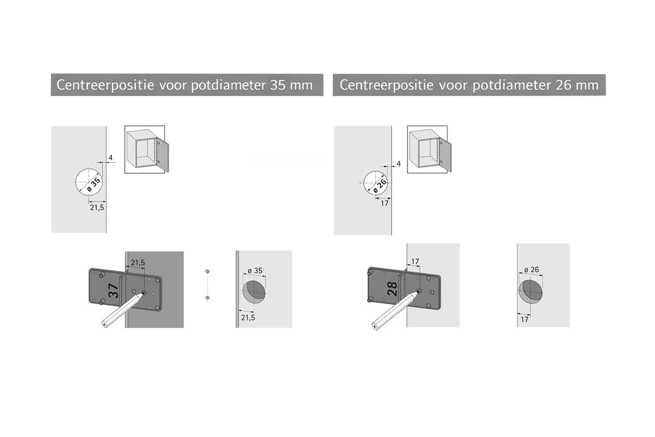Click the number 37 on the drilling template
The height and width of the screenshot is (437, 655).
pyautogui.click(x=114, y=291)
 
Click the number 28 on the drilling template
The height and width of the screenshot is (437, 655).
pyautogui.click(x=392, y=289)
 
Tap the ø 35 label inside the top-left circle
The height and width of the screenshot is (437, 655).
pyautogui.click(x=94, y=185)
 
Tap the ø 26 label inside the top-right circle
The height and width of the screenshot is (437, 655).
pyautogui.click(x=380, y=187)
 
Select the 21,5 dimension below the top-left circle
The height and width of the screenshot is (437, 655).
pyautogui.click(x=97, y=208)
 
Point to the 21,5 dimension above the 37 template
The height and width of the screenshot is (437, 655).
pyautogui.click(x=138, y=263)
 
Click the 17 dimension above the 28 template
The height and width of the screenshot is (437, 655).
pyautogui.click(x=415, y=261)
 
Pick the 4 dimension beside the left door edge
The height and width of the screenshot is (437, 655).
pyautogui.click(x=110, y=158)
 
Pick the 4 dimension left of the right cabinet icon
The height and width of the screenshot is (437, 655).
pyautogui.click(x=399, y=163)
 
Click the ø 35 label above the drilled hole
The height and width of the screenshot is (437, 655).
pyautogui.click(x=255, y=271)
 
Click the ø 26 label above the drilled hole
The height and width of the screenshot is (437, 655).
pyautogui.click(x=531, y=270)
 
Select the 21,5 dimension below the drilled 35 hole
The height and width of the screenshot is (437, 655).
pyautogui.click(x=248, y=318)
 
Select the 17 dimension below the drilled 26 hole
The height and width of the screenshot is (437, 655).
pyautogui.click(x=524, y=319)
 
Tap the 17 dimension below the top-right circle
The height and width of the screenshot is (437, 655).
pyautogui.click(x=385, y=203)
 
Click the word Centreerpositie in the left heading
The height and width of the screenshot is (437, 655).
pyautogui.click(x=105, y=85)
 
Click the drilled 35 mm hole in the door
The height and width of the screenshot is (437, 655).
pyautogui.click(x=254, y=292)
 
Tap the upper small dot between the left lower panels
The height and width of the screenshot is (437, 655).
pyautogui.click(x=207, y=271)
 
